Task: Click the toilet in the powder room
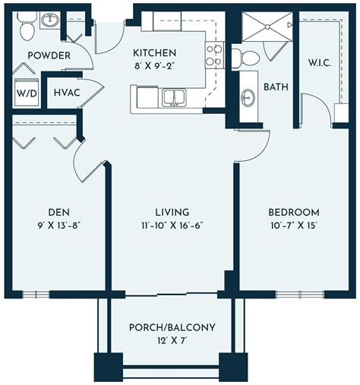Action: tap(27, 26)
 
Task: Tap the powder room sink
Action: tap(50, 20)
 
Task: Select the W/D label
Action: tap(27, 93)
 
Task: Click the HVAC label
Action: tap(67, 93)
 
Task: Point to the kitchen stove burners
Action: tap(215, 55)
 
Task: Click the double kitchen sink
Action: tap(174, 97)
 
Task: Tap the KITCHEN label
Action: tap(154, 53)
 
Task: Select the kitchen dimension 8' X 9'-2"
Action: tap(154, 66)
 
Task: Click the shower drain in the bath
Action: tap(267, 27)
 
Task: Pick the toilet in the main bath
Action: tap(245, 58)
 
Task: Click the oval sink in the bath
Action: tap(248, 97)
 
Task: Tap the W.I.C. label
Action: tap(320, 62)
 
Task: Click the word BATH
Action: tap(276, 87)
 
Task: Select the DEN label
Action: tap(59, 212)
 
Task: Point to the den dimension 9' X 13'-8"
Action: tap(59, 226)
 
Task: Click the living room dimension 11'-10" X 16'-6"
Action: tap(172, 226)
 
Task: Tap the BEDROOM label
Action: tap(294, 212)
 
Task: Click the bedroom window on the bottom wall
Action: tap(300, 294)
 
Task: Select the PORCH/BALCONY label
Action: tap(172, 327)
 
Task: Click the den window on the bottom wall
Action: tap(36, 294)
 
